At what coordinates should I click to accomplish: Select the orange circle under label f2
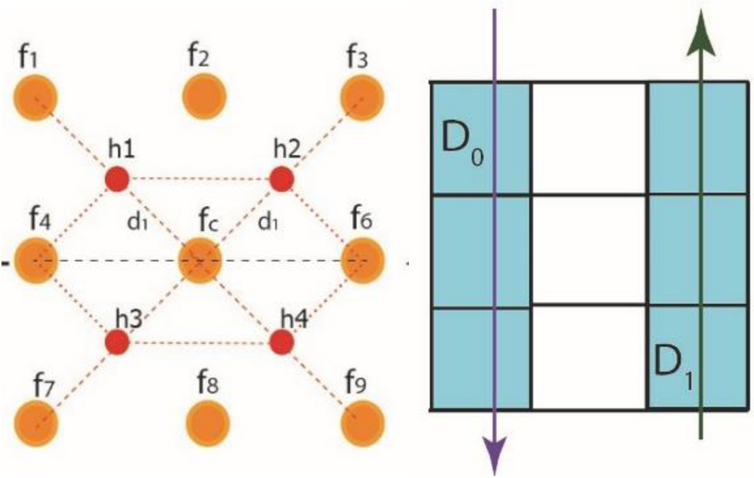click(205, 98)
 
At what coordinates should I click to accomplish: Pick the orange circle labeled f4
click(36, 260)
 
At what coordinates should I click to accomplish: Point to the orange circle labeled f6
click(364, 260)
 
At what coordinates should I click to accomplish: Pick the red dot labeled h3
click(118, 342)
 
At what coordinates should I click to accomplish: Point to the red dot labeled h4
click(282, 342)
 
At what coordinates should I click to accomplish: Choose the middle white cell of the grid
click(590, 250)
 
